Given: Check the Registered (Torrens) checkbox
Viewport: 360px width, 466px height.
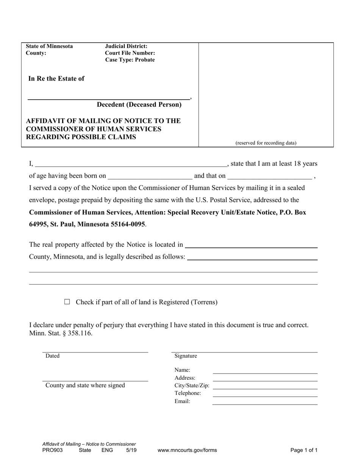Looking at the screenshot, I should tap(67, 302).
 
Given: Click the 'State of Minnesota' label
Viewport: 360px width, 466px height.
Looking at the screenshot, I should tap(49, 46).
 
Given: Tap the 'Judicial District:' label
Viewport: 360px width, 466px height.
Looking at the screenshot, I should tap(126, 46).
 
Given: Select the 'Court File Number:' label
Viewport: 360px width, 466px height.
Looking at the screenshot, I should tap(130, 53).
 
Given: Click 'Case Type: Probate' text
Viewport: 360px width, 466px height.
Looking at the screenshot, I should tap(130, 60).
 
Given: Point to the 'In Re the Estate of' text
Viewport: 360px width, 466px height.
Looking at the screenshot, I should tap(56, 79).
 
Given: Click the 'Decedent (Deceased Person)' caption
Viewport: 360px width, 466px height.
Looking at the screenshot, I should tap(139, 105).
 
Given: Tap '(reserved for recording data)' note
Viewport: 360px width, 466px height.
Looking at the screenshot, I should tap(266, 143).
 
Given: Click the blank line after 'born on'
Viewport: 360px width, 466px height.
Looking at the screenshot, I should tap(150, 176).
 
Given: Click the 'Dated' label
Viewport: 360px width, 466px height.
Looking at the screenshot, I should tap(52, 356).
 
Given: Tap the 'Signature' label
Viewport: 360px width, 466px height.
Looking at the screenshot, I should tap(186, 356).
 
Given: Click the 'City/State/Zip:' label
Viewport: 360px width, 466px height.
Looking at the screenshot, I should tap(192, 386).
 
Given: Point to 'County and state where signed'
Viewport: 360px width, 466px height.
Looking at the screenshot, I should tap(85, 385).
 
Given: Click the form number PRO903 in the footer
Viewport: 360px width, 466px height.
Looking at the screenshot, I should tap(53, 450).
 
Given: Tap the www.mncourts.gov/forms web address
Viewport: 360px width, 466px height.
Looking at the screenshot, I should tap(187, 450).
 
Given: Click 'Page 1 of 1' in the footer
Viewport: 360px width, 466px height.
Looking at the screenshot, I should tap(304, 450).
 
